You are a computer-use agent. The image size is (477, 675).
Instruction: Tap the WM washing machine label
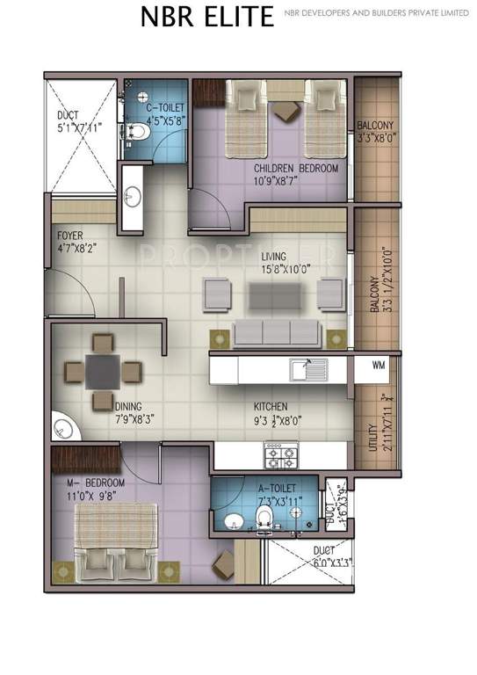pyautogui.click(x=379, y=364)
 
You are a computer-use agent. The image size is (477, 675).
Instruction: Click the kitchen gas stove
pyautogui.click(x=282, y=454)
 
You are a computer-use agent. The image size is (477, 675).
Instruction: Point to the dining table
pyautogui.click(x=103, y=371)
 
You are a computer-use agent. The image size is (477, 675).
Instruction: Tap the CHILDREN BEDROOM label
pyautogui.click(x=296, y=168)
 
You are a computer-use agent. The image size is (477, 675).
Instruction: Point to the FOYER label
pyautogui.click(x=70, y=236)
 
